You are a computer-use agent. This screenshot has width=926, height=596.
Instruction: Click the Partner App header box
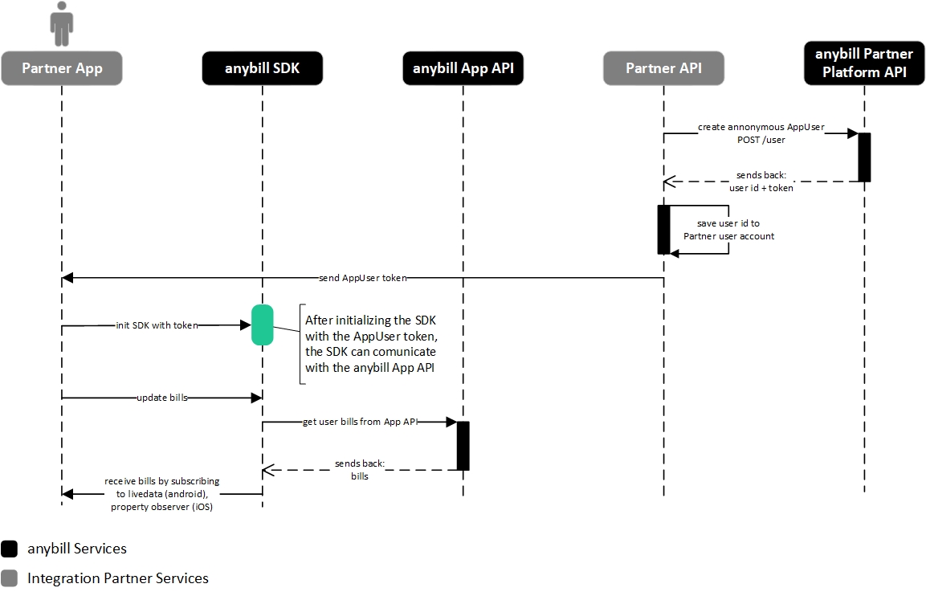tap(62, 68)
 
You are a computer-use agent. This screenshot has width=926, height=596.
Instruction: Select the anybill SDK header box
tap(262, 68)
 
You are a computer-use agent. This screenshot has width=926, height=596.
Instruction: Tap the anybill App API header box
tap(463, 68)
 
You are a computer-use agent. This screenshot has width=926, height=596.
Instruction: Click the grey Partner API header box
tap(663, 68)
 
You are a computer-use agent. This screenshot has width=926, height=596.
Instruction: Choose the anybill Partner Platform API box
tap(864, 63)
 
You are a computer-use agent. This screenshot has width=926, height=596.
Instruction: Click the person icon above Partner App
tap(62, 24)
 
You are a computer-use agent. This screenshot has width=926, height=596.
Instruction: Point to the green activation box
tap(262, 325)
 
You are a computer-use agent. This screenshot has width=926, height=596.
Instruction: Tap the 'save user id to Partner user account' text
tap(729, 230)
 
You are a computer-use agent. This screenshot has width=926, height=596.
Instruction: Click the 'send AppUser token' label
tap(363, 278)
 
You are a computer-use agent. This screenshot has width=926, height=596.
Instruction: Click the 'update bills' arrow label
tap(162, 398)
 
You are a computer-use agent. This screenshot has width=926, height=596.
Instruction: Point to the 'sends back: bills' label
tap(360, 470)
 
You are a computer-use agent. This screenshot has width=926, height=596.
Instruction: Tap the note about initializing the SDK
tap(370, 344)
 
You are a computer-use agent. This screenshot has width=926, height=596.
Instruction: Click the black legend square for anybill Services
tap(10, 549)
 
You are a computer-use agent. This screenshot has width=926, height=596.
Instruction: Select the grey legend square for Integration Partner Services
tap(10, 578)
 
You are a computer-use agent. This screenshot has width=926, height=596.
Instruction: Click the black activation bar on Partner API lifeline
tap(663, 230)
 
